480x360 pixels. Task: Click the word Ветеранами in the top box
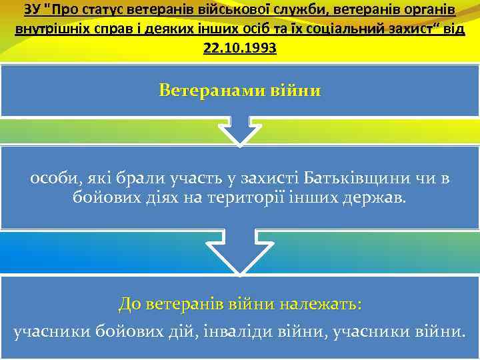click(x=210, y=89)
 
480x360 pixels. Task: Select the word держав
click(x=373, y=198)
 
